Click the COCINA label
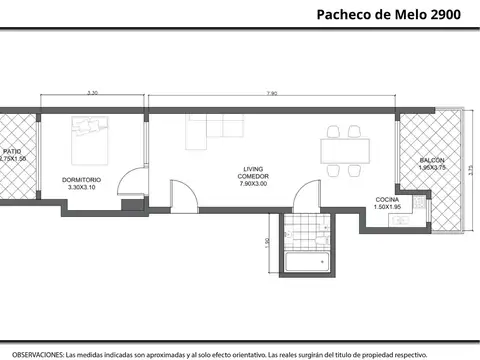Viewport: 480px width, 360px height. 387,200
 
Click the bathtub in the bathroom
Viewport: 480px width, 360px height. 308,263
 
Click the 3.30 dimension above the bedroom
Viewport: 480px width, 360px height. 93,93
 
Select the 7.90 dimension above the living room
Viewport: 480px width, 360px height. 273,93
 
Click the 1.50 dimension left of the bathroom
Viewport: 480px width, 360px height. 267,243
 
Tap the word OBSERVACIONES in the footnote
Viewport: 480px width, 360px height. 34,353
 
